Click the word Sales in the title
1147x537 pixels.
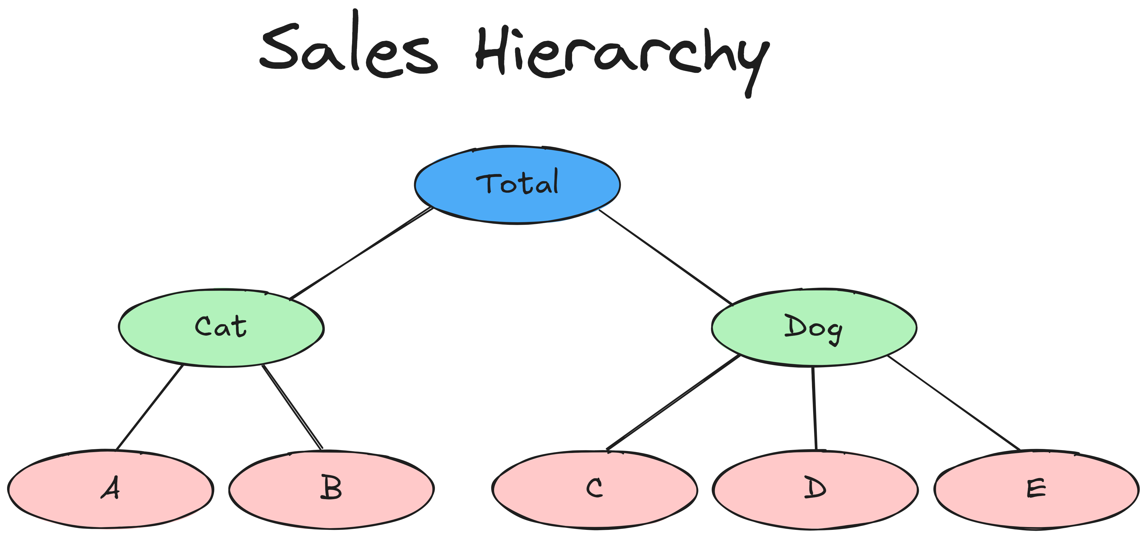pos(348,49)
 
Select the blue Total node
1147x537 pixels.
pos(517,184)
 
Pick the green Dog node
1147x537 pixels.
pos(813,328)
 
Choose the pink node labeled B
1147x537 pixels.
pos(331,489)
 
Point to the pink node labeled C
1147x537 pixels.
pos(595,489)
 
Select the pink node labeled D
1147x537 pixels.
pos(815,489)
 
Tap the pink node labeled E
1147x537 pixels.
pos(1036,489)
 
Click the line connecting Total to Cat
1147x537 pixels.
pos(361,253)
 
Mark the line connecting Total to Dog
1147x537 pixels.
pos(666,257)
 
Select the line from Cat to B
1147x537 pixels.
pos(292,407)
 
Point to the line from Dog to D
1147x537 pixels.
pos(814,408)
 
